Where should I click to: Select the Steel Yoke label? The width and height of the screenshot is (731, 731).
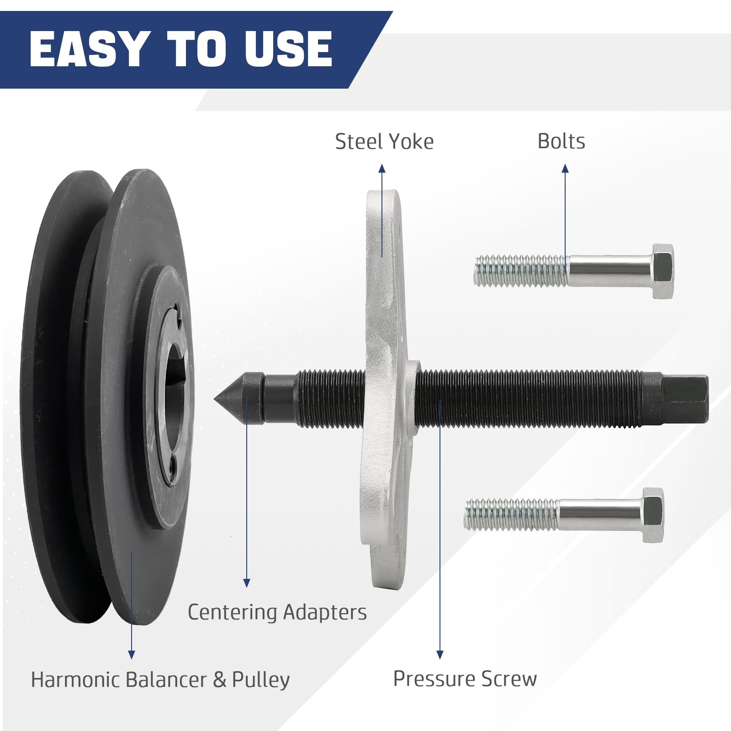384,142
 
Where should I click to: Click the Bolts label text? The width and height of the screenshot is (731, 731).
561,141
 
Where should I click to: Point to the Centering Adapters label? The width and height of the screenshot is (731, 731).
277,612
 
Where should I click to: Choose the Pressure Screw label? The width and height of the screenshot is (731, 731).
465,679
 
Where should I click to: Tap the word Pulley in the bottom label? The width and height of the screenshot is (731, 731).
261,680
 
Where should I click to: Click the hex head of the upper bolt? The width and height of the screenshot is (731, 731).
662,271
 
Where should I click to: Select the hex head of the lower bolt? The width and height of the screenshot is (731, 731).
653,515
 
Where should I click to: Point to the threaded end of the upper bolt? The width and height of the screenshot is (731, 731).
521,271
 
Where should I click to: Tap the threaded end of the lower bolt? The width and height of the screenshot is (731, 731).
511,515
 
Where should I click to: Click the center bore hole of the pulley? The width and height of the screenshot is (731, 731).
171,400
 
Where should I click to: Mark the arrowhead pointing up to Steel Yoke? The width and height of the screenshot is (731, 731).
382,169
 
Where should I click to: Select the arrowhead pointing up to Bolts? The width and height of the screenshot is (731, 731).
565,169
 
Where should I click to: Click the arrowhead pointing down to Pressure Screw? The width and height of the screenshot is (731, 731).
440,655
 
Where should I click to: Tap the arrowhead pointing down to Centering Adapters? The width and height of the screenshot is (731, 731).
247,583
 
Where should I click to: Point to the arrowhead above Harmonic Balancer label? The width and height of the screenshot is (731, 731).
132,655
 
